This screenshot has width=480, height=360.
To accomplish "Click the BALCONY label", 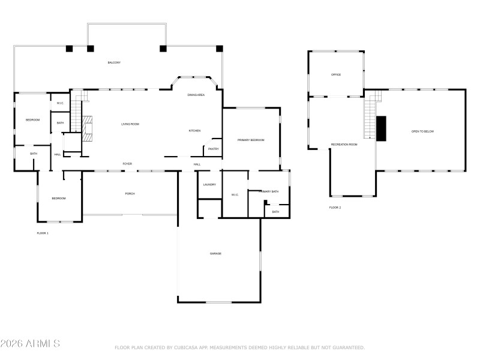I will (114, 62).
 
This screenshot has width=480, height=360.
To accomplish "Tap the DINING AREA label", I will (196, 95).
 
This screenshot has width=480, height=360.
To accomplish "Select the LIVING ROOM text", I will (130, 124).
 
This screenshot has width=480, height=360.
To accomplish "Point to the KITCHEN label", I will (195, 131).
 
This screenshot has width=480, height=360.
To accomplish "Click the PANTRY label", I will (213, 149).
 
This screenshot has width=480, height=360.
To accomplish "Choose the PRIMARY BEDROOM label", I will (251, 140).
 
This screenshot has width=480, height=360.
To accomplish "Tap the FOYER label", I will (127, 164).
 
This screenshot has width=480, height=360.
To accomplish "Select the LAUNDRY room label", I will (209, 184).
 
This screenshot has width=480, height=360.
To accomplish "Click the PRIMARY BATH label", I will (269, 191).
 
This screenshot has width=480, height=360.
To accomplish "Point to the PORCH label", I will (130, 194).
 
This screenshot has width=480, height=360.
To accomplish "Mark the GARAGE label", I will (215, 254).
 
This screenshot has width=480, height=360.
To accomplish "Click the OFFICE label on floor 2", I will (336, 75).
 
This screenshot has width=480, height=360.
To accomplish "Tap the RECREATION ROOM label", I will (344, 145).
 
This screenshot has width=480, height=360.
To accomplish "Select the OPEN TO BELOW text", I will (422, 131).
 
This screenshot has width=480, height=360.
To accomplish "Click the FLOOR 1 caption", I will (43, 233).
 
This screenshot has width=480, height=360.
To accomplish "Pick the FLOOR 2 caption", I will (335, 208).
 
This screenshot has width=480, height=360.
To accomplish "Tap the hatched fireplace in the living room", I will (88, 128).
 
